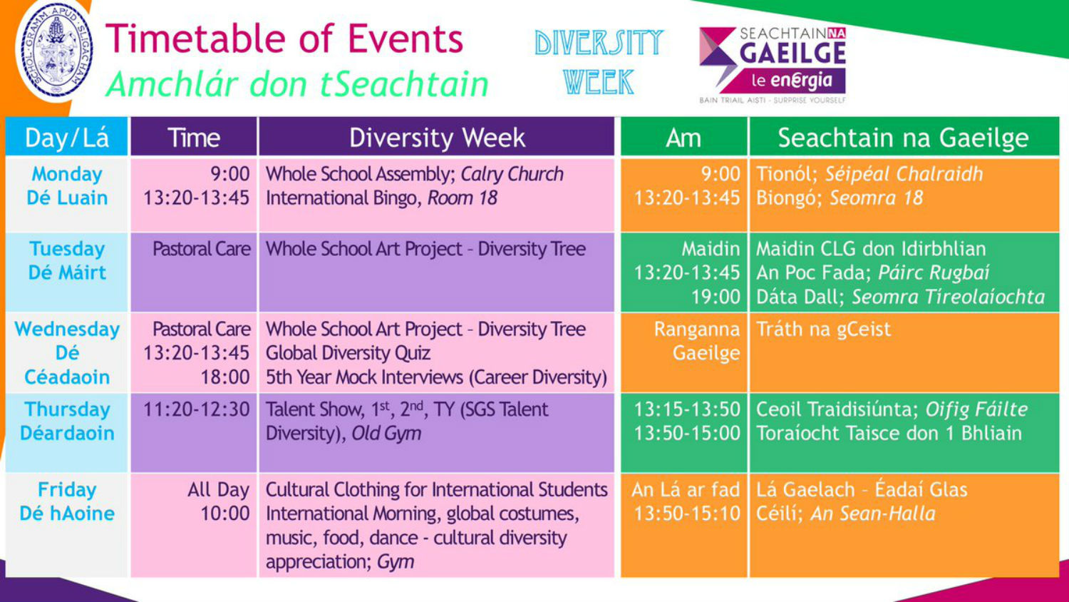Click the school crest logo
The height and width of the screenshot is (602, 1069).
click(x=56, y=49)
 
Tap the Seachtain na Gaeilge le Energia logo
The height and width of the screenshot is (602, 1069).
click(x=772, y=64)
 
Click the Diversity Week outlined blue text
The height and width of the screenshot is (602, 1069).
click(x=599, y=62)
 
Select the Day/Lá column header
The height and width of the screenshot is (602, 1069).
click(x=67, y=137)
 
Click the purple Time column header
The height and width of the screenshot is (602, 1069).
click(x=194, y=137)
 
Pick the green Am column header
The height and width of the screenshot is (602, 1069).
click(x=683, y=137)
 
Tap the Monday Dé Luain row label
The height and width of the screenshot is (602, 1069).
click(x=67, y=186)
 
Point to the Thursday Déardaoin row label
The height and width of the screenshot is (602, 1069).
click(x=67, y=421)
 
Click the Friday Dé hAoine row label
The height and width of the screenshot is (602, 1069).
click(x=67, y=501)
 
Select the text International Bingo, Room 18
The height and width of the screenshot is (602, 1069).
click(x=381, y=198)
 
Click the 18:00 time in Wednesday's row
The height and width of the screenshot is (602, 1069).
click(x=224, y=377)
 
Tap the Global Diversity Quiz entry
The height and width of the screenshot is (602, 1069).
click(x=348, y=353)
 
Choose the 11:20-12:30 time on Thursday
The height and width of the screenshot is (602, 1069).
click(x=197, y=409)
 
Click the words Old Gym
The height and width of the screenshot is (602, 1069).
click(x=386, y=434)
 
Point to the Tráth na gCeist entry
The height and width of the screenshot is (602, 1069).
click(x=824, y=330)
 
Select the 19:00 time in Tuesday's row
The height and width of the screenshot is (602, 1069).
click(x=716, y=297)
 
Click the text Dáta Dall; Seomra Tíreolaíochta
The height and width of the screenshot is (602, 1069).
click(x=901, y=297)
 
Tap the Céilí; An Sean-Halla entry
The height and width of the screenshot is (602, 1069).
click(x=846, y=514)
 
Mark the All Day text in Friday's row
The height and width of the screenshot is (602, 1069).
click(x=219, y=490)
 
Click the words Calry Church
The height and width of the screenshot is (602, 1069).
click(x=512, y=174)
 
